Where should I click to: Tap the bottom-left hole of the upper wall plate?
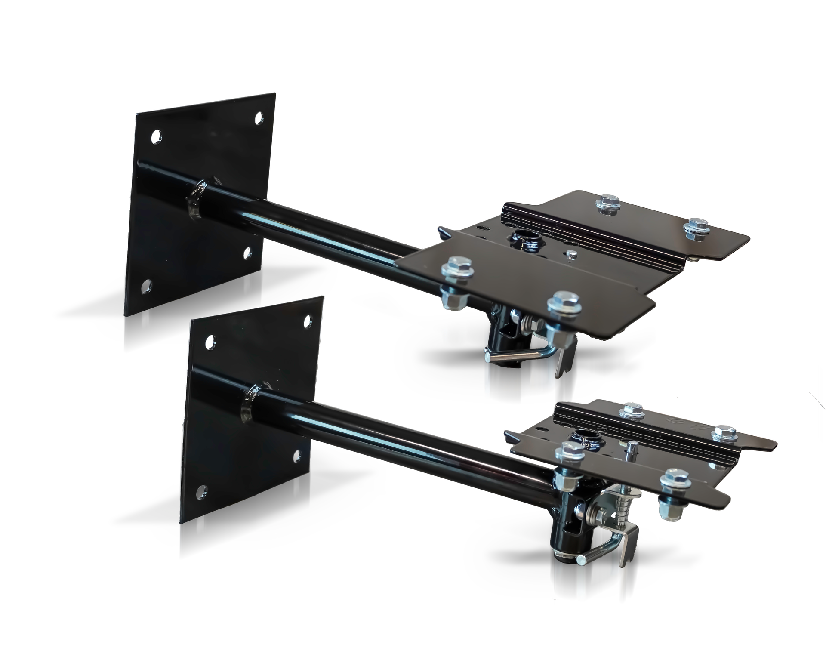tap(146, 284)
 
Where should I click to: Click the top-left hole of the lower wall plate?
tap(210, 342)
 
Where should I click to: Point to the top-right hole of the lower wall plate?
tap(308, 320)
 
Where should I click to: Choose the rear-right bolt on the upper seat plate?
tap(694, 225)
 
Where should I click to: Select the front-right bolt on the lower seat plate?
tap(672, 477)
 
